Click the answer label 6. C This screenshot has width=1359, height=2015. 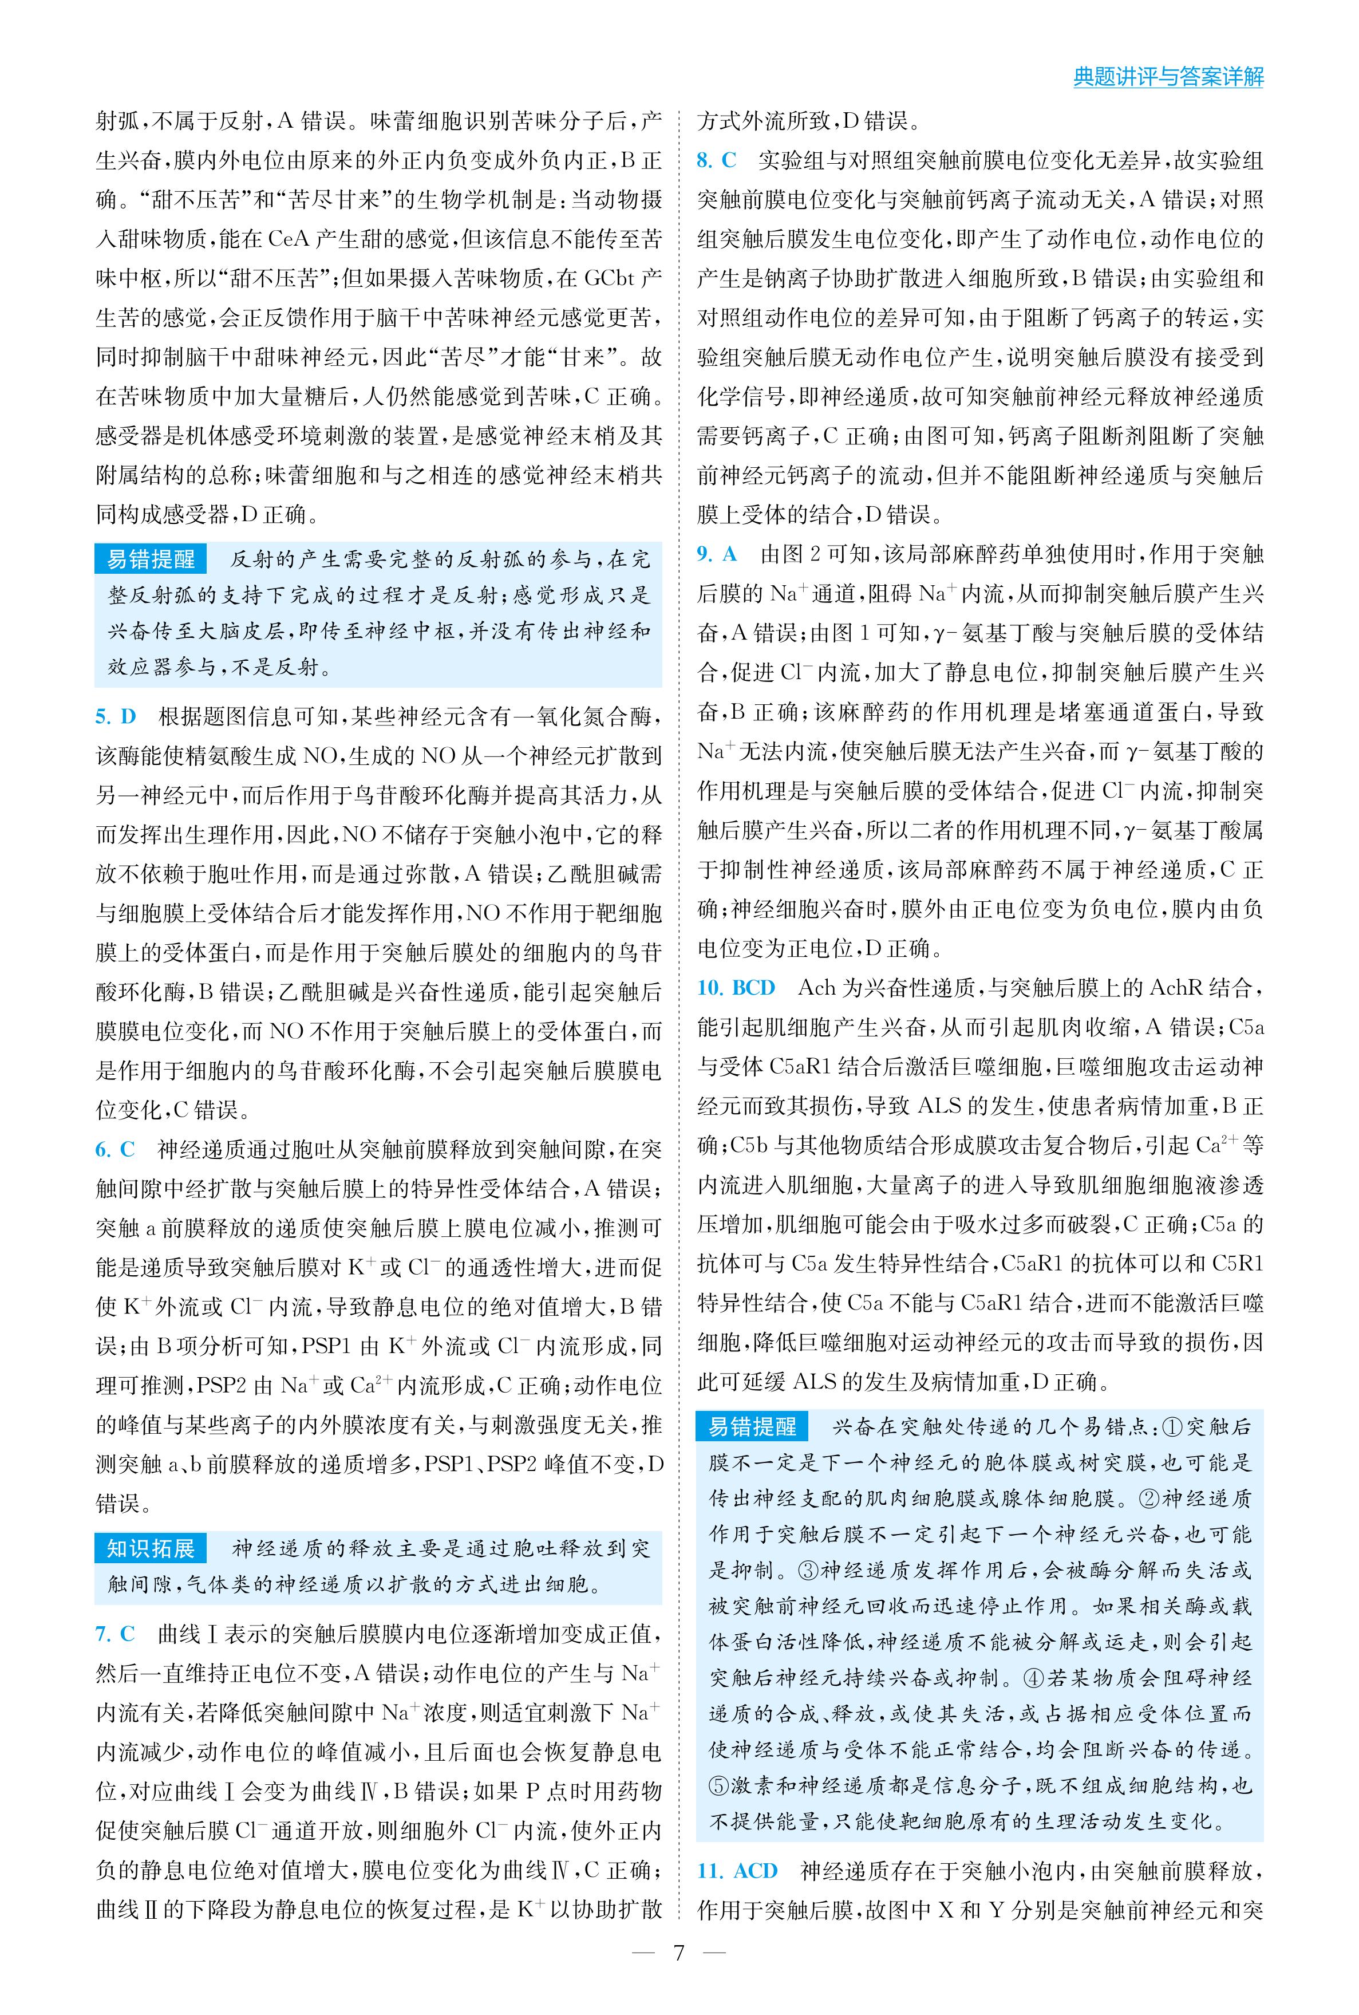tap(115, 1149)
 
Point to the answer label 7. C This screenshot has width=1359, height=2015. tap(115, 1634)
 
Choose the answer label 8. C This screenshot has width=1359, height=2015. tap(717, 160)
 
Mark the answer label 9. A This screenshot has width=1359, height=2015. tap(717, 554)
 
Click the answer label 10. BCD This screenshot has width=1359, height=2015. tap(736, 987)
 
